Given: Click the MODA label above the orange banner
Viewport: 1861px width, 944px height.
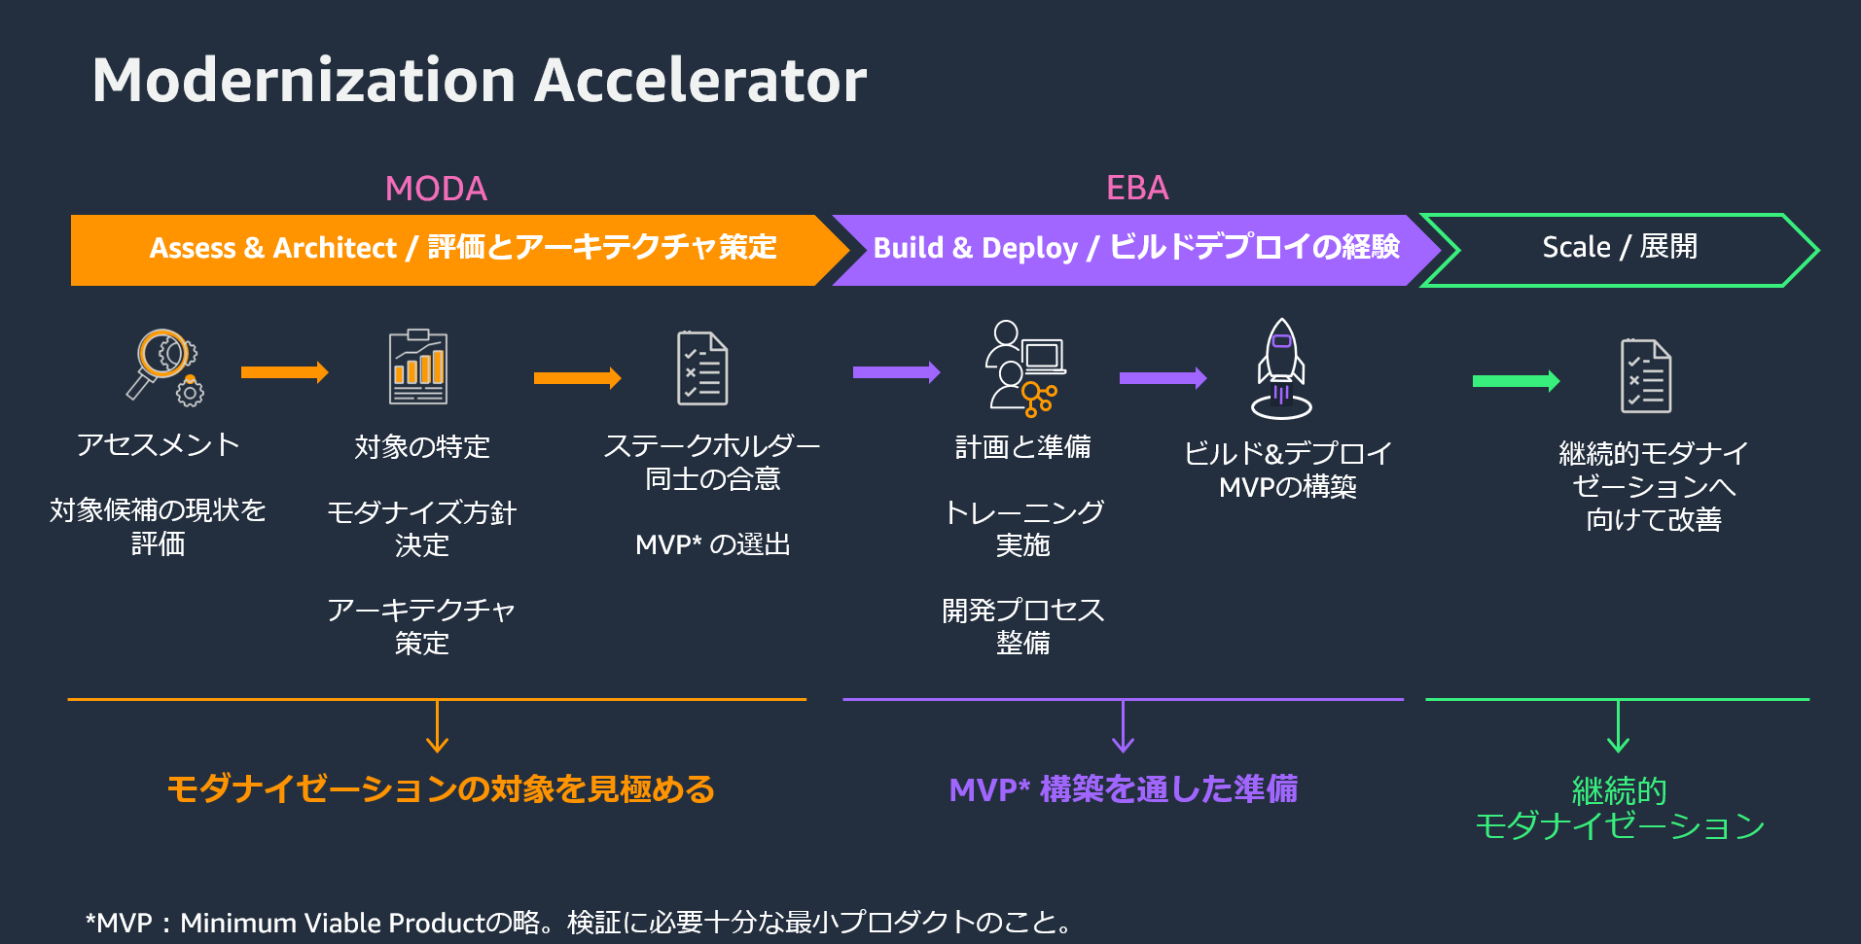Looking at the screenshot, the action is [x=436, y=189].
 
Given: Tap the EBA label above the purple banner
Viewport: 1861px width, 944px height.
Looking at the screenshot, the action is [x=1137, y=188].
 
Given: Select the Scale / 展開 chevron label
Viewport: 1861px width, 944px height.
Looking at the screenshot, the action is [x=1620, y=247].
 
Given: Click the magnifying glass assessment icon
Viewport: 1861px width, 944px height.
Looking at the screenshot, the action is [x=164, y=367].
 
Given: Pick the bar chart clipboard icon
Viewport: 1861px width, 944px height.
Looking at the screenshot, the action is [x=418, y=367].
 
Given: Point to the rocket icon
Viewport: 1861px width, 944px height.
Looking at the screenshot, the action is [x=1281, y=368].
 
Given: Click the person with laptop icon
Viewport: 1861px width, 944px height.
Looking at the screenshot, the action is [x=1025, y=367].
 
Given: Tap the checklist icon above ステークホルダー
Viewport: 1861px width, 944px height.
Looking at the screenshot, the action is [x=702, y=368].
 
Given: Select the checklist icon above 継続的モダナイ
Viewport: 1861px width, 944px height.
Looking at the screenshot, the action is [x=1646, y=375].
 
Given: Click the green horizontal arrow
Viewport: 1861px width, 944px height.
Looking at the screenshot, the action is [x=1516, y=381].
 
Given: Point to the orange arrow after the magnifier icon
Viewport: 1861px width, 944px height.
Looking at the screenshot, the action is [x=284, y=372].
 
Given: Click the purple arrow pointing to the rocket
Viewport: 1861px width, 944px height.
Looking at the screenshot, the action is [x=1163, y=378].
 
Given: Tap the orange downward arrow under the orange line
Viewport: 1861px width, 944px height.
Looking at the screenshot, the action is [x=438, y=726].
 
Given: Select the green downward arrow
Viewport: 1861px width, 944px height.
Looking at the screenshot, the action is [x=1618, y=726].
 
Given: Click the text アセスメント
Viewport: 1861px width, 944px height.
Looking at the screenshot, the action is [x=158, y=444].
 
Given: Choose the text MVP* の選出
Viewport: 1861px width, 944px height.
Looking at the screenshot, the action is [x=712, y=544].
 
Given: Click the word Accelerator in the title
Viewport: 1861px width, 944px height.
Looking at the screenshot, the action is [x=700, y=80].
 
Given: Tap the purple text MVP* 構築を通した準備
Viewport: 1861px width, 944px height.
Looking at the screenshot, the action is [x=1123, y=788].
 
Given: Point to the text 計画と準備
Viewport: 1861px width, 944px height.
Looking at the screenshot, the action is [x=1022, y=446].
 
